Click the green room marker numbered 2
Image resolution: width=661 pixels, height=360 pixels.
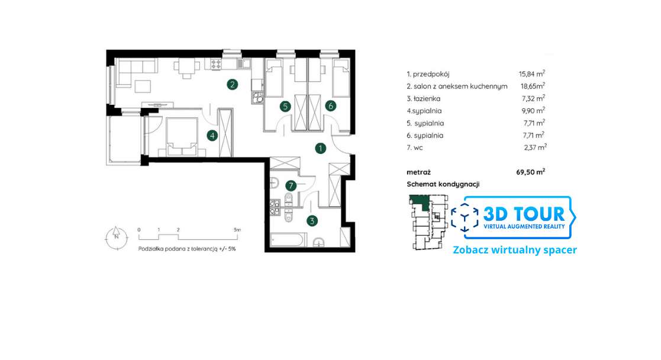pos(232,85)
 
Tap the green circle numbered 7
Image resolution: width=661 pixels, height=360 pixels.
pos(291,185)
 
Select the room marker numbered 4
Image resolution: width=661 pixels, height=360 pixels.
pos(212,136)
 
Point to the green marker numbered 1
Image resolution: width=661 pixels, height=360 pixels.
pos(320,148)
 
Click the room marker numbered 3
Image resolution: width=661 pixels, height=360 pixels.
pos(312,221)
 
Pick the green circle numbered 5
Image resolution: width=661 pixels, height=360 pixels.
pos(285,107)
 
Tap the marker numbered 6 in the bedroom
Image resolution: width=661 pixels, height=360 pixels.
pos(330,106)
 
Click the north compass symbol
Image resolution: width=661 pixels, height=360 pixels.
pos(117,237)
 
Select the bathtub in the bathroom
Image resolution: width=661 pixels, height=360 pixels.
pos(286,240)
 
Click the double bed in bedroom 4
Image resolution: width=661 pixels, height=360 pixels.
pos(182,137)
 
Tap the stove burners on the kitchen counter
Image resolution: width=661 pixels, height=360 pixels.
pos(216,64)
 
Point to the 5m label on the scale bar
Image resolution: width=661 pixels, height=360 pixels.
pos(237,230)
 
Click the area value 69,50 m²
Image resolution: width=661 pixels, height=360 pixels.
pos(531,172)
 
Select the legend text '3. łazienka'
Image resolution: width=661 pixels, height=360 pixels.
pos(423,99)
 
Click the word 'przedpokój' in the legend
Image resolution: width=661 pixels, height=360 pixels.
pos(431,74)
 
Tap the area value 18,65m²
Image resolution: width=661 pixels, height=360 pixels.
pos(533,86)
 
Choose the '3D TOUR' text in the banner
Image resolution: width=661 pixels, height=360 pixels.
pos(524,214)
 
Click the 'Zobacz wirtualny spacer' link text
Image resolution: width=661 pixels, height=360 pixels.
pos(515,250)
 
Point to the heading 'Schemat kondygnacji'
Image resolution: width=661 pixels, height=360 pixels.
pos(443,184)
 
